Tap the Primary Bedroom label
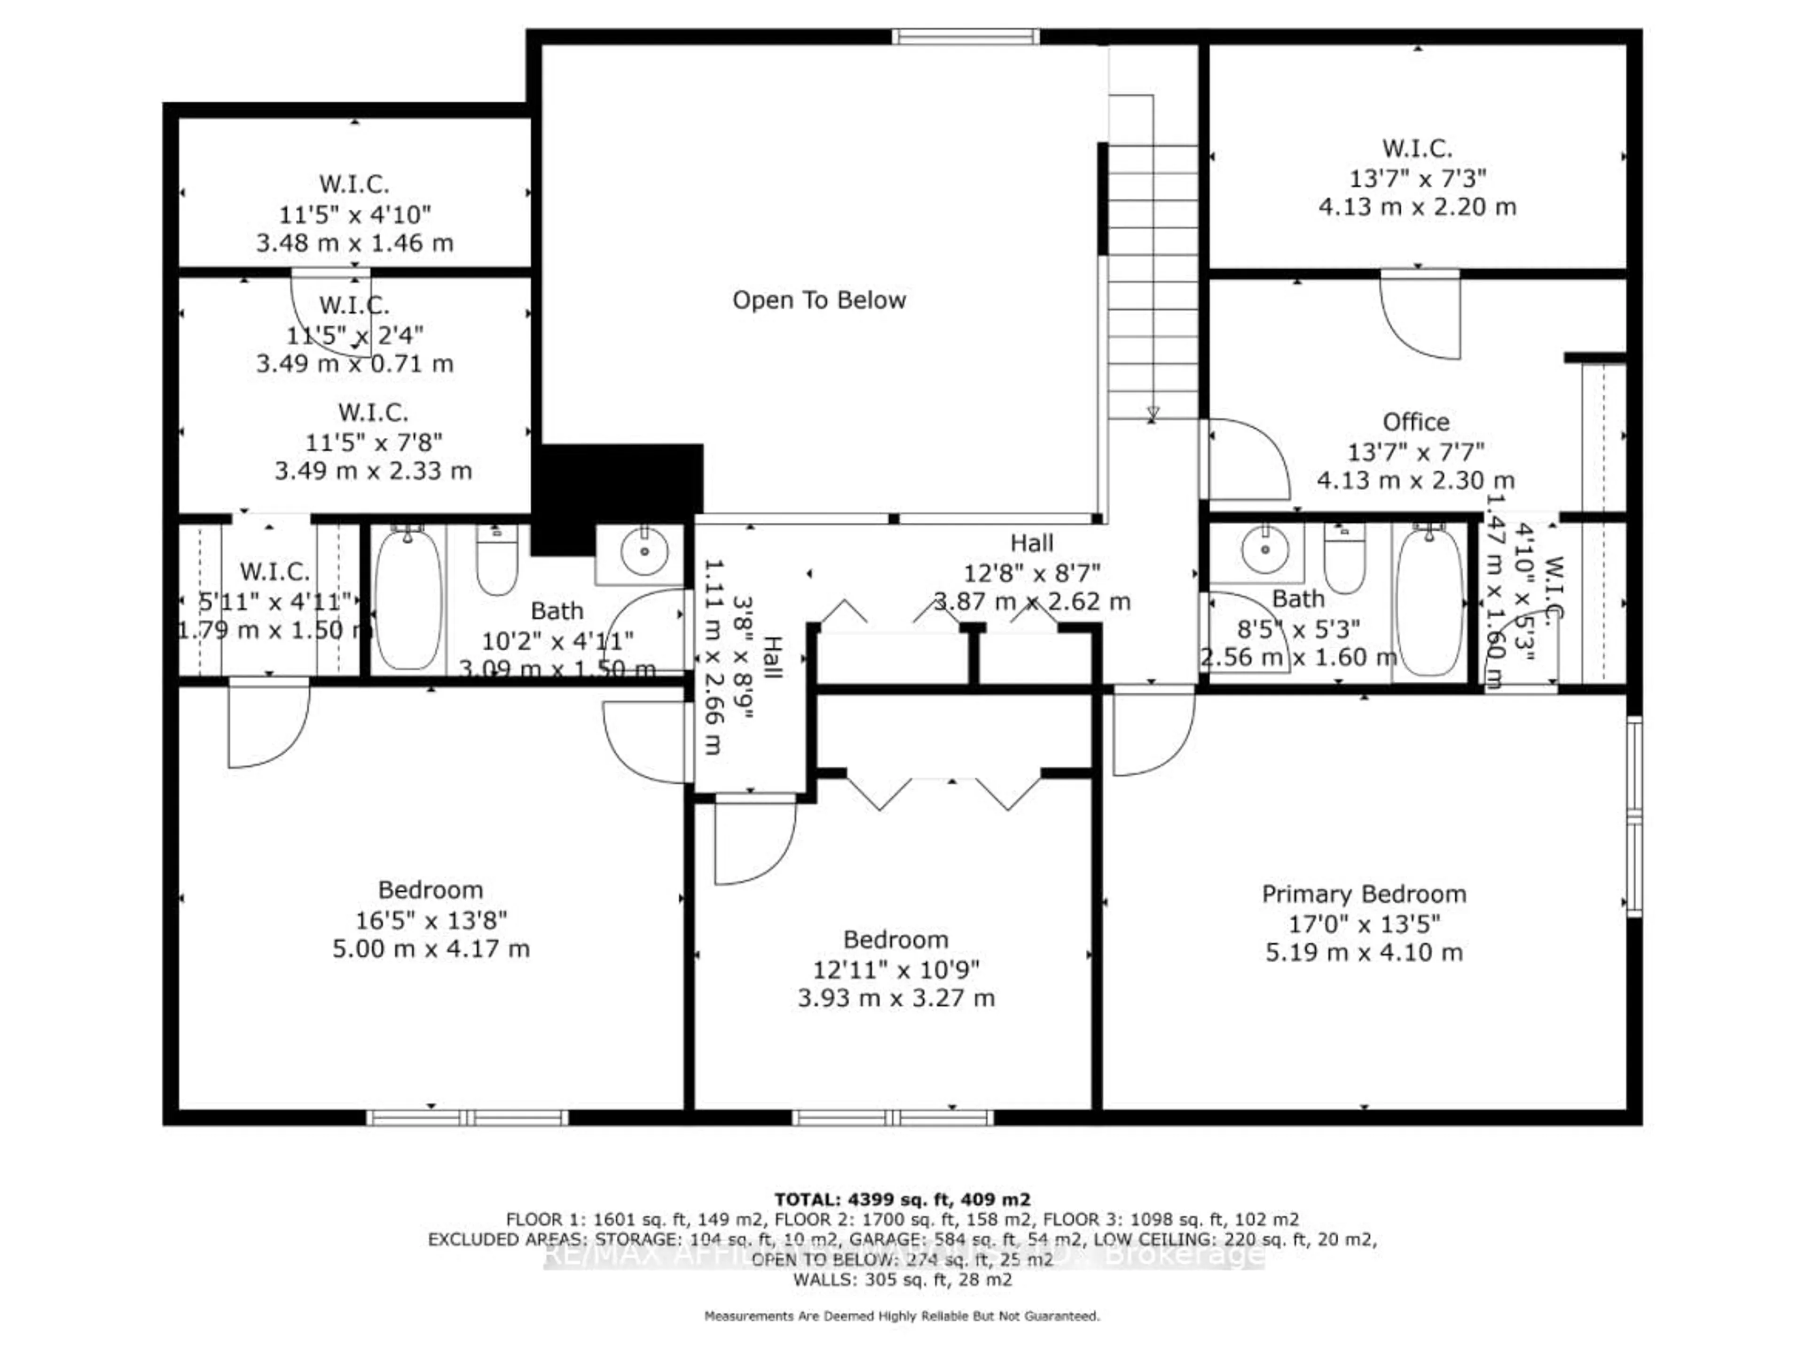[x=1363, y=894]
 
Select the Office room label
[x=1415, y=422]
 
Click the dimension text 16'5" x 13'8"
[x=431, y=920]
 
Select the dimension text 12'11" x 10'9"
[x=895, y=969]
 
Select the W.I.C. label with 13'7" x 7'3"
[x=1417, y=149]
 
